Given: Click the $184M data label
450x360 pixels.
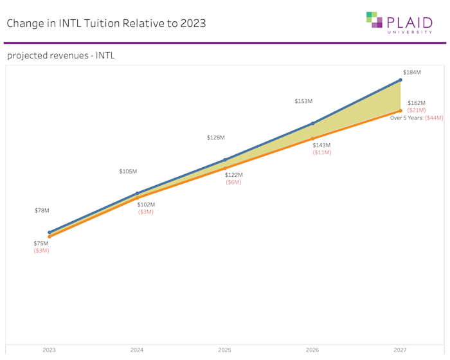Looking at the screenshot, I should (x=411, y=73).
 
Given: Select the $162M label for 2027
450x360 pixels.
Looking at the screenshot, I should (x=416, y=103).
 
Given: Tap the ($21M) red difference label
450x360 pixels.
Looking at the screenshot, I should (x=416, y=111).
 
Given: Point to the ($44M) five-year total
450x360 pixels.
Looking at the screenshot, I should (x=434, y=118).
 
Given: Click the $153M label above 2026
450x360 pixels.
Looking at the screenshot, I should (x=303, y=102).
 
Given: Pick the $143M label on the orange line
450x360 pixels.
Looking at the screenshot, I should (x=321, y=145).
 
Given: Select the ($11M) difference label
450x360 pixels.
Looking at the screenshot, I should (x=321, y=153).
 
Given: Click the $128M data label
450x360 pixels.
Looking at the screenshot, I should (x=216, y=138).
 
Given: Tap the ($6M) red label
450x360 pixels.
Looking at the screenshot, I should (x=233, y=183).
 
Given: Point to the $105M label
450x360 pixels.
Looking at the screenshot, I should (x=128, y=172).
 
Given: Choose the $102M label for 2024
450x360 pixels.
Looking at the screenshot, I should (x=146, y=205).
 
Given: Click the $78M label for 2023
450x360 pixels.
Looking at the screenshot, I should (x=42, y=211).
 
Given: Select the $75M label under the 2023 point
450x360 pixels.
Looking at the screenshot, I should (x=41, y=243).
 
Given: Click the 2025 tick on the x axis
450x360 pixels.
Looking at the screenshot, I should (x=224, y=350).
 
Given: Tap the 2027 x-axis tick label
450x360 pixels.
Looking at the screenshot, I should (x=401, y=350).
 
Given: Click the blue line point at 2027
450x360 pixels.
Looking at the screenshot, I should (x=401, y=80).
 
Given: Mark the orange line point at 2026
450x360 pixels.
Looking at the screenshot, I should (x=312, y=138).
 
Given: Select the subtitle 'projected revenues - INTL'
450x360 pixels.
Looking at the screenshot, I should (x=61, y=56).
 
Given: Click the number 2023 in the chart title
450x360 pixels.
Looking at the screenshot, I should (x=193, y=23).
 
